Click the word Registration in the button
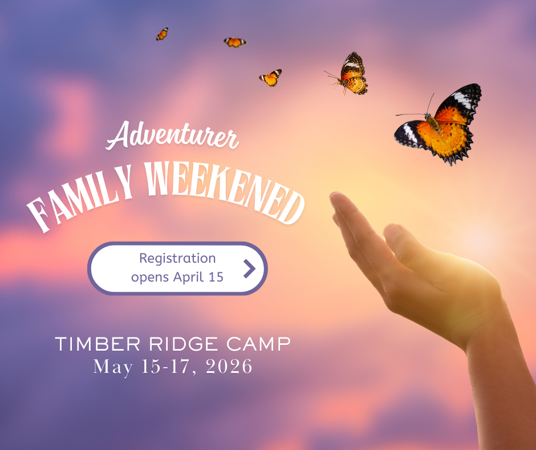[177, 259]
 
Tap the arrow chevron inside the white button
[249, 268]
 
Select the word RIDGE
[171, 344]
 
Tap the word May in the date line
[112, 366]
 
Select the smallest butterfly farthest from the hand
[162, 34]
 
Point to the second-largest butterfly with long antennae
[351, 74]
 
